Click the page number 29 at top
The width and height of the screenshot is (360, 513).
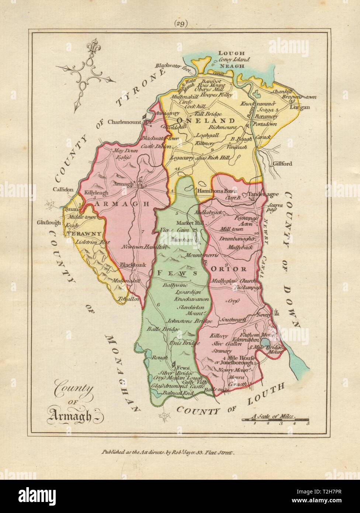point(181,24)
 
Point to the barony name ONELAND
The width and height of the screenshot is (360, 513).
point(206,121)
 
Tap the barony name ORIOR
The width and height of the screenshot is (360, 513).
point(228,269)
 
